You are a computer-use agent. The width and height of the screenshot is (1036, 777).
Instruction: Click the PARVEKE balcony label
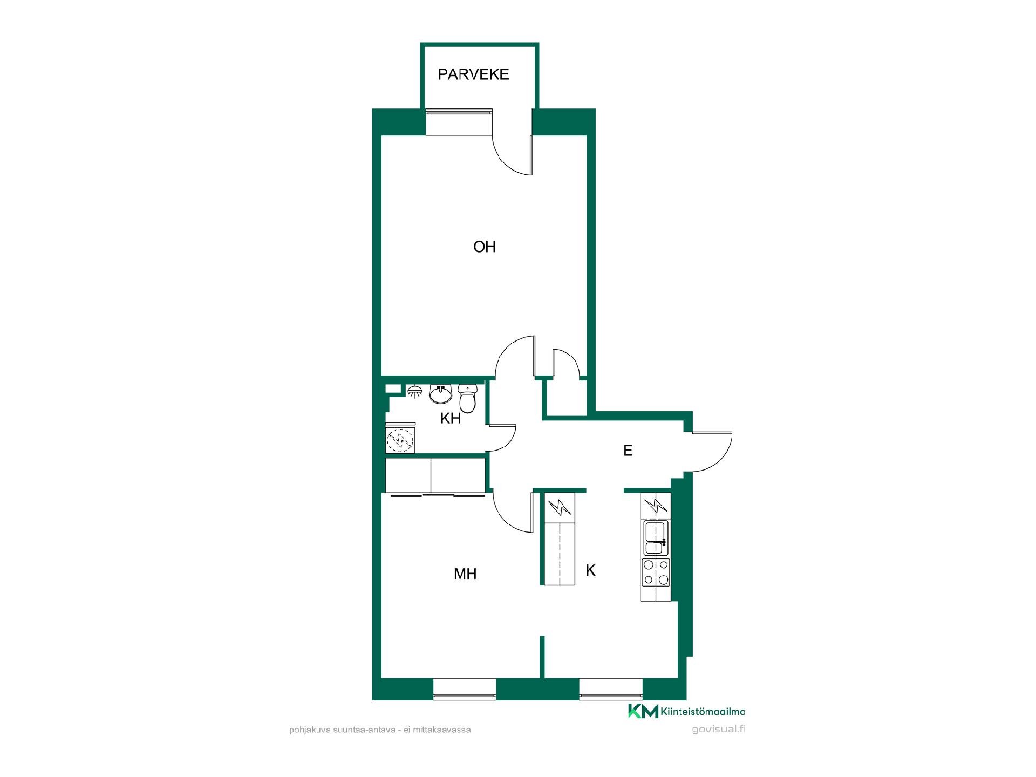[x=473, y=74]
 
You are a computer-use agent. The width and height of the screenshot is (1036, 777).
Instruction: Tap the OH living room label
[x=485, y=247]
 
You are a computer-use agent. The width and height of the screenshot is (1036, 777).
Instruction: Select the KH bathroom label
[x=451, y=418]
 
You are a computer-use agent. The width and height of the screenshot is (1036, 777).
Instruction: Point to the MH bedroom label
[x=465, y=574]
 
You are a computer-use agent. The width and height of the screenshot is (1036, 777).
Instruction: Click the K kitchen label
[x=591, y=570]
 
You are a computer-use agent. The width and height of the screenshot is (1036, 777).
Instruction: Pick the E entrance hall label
[x=628, y=451]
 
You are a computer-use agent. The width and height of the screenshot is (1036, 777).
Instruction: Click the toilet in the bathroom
[x=467, y=398]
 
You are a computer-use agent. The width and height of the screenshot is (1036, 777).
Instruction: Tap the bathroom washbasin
[x=441, y=394]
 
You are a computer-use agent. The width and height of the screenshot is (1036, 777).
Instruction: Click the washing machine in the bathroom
[x=400, y=440]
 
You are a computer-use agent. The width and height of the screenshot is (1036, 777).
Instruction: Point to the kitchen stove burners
[x=656, y=572]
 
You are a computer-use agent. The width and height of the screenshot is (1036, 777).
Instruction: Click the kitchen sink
[x=656, y=537]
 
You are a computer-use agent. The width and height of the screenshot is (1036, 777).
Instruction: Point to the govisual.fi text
[x=718, y=730]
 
